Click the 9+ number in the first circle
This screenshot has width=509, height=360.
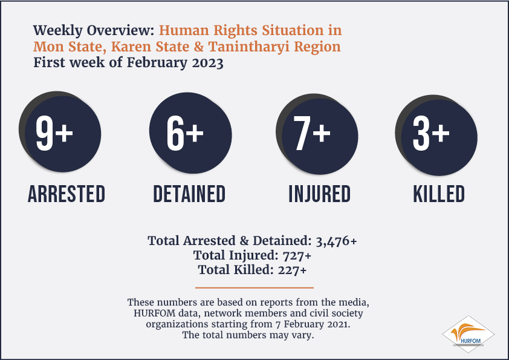click(x=54, y=133)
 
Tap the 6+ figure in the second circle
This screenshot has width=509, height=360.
click(x=185, y=133)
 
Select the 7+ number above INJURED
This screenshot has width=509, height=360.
click(x=312, y=133)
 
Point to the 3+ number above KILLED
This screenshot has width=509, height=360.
click(x=431, y=133)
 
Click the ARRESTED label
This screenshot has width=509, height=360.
click(x=66, y=194)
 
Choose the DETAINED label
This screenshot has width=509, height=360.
click(x=189, y=194)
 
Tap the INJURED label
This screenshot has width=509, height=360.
click(x=320, y=194)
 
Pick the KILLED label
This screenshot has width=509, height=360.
click(x=439, y=194)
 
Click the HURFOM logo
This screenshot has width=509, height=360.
click(x=468, y=335)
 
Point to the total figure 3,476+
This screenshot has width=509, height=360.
click(x=336, y=241)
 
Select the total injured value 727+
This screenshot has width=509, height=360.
click(x=297, y=256)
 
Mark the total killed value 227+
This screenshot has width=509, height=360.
click(x=292, y=270)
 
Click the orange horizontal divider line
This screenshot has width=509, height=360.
click(x=254, y=287)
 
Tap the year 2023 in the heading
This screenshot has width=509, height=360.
click(x=207, y=62)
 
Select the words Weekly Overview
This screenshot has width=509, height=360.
click(x=94, y=30)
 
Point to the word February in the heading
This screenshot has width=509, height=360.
click(x=157, y=63)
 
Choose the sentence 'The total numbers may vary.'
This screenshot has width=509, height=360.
click(x=248, y=335)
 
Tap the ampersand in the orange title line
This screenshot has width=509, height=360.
click(x=199, y=47)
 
